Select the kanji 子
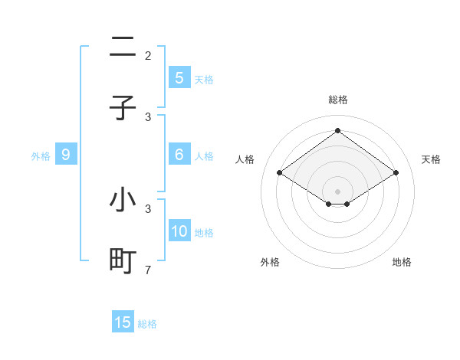coord(123,108)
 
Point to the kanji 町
coord(123,261)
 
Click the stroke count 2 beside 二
coord(148,56)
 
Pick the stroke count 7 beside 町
coord(148,270)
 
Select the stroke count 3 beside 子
coord(148,117)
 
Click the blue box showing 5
coord(179,78)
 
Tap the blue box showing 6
coord(179,155)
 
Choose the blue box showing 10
coord(179,231)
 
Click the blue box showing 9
coord(66,155)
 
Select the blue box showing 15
coord(123,322)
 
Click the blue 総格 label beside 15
coord(147,324)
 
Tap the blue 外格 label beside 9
coord(41,156)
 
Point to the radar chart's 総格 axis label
coord(338,100)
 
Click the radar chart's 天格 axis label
coord(431,159)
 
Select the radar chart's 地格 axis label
coord(402,262)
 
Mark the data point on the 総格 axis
coord(337,130)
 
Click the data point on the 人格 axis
coord(280,173)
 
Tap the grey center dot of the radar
coord(337,191)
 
